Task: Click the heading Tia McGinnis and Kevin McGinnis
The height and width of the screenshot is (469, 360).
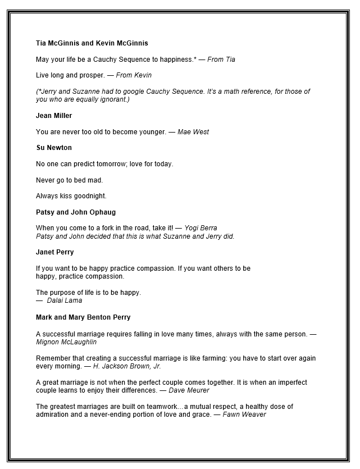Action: click(92, 43)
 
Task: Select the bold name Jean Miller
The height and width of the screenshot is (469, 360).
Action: click(54, 116)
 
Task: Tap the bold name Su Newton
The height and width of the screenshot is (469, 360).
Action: click(54, 148)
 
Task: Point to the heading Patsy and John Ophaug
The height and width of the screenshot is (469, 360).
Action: click(76, 212)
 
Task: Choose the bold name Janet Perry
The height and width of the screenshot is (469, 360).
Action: click(55, 252)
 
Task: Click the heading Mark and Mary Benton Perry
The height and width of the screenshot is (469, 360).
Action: click(83, 317)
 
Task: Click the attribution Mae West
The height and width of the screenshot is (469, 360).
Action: click(193, 132)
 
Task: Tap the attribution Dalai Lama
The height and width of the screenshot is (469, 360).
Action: click(64, 300)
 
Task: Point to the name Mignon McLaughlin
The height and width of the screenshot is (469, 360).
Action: click(66, 341)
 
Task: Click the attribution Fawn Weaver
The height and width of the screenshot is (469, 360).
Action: click(244, 415)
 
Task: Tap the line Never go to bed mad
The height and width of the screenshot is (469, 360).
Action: click(70, 180)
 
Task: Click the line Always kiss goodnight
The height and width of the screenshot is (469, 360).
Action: click(71, 196)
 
